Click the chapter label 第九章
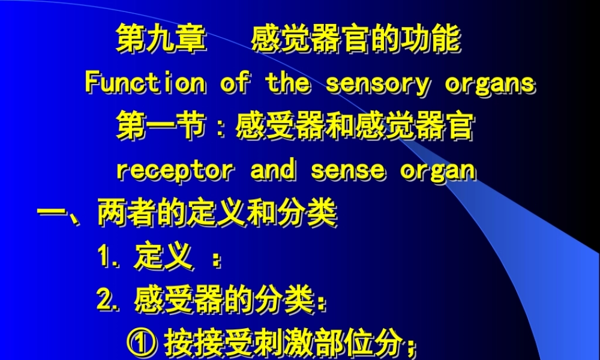click(x=161, y=40)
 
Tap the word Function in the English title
click(x=145, y=82)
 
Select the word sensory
click(x=377, y=83)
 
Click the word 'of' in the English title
click(x=235, y=82)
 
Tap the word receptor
click(x=173, y=170)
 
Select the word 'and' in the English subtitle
click(x=273, y=170)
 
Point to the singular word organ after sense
click(x=438, y=171)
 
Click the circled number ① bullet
click(x=142, y=343)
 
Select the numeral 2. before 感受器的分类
click(x=109, y=299)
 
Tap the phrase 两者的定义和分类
click(x=217, y=214)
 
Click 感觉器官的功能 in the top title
click(x=356, y=40)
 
